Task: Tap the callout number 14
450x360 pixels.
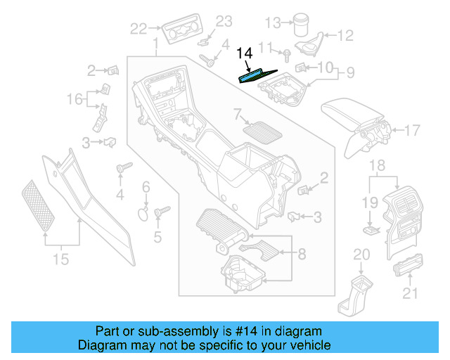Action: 244,53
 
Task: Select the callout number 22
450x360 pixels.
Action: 139,29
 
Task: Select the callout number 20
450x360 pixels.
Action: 361,254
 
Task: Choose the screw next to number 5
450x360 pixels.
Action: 160,210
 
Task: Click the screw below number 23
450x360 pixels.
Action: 207,59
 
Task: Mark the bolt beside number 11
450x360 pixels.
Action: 288,54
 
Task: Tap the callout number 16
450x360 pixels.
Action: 75,100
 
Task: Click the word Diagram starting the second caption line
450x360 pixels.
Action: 100,345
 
